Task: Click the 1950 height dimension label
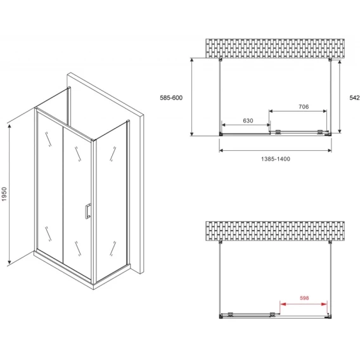pyautogui.click(x=4, y=194)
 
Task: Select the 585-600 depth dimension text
pyautogui.click(x=171, y=98)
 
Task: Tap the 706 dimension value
pyautogui.click(x=304, y=106)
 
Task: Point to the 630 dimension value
pyautogui.click(x=248, y=120)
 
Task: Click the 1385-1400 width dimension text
pyautogui.click(x=276, y=158)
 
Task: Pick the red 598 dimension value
pyautogui.click(x=304, y=298)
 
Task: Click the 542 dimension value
pyautogui.click(x=354, y=98)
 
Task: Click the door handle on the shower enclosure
pyautogui.click(x=87, y=211)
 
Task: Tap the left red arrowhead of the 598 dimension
pyautogui.click(x=283, y=304)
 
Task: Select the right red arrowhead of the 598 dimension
pyautogui.click(x=324, y=304)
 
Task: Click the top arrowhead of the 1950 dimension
pyautogui.click(x=9, y=126)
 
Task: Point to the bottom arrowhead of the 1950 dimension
pyautogui.click(x=9, y=262)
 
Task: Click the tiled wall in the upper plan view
pyautogui.click(x=275, y=48)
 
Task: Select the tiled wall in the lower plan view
pyautogui.click(x=275, y=231)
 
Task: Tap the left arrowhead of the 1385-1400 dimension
pyautogui.click(x=221, y=150)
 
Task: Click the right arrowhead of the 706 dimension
pyautogui.click(x=325, y=112)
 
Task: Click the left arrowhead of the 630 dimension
pyautogui.click(x=224, y=125)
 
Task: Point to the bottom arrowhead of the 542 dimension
pyautogui.click(x=340, y=131)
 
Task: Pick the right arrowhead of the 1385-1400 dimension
pyautogui.click(x=330, y=150)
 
